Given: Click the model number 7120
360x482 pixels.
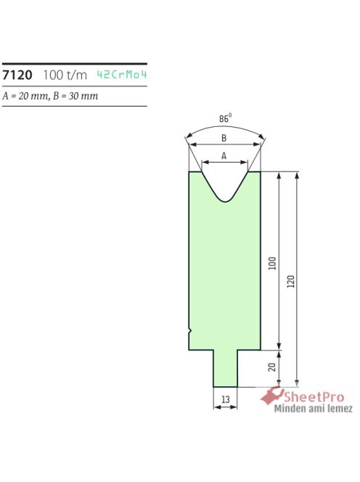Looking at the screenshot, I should pyautogui.click(x=17, y=75).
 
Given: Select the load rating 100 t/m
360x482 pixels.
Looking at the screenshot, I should pyautogui.click(x=65, y=75).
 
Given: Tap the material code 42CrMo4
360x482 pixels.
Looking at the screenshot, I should pyautogui.click(x=126, y=75).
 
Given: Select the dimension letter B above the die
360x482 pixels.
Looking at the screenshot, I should pyautogui.click(x=224, y=138).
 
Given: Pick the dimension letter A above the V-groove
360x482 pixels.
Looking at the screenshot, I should pyautogui.click(x=224, y=155).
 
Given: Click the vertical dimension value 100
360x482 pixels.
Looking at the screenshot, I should pyautogui.click(x=272, y=262).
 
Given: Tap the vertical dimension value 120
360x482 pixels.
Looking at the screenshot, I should pyautogui.click(x=291, y=280).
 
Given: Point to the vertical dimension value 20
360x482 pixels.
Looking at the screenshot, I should pyautogui.click(x=272, y=367).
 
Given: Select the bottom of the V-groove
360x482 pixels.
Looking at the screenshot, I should pyautogui.click(x=225, y=201).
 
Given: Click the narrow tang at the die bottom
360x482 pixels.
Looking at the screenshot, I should pyautogui.click(x=224, y=369).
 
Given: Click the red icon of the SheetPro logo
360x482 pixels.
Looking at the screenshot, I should pyautogui.click(x=272, y=396).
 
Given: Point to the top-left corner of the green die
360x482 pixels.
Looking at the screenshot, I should pyautogui.click(x=189, y=172).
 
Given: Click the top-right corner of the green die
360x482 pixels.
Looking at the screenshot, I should pyautogui.click(x=261, y=172).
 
